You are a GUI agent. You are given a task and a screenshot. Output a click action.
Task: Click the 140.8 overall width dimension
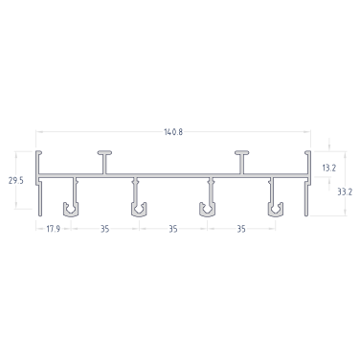[x=173, y=132]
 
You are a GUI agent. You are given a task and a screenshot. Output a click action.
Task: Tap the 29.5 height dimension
[x=16, y=180]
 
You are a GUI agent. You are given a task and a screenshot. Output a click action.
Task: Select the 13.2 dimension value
[x=329, y=168]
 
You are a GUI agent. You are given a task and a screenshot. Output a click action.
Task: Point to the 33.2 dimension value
[x=345, y=191]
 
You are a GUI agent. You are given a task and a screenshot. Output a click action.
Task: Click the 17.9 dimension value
[x=54, y=229]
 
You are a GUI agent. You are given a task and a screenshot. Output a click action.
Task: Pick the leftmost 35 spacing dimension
[x=105, y=229]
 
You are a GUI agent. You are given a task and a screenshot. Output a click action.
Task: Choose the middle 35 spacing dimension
[x=173, y=229]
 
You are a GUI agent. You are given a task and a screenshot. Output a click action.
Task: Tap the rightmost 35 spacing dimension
[x=241, y=229]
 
